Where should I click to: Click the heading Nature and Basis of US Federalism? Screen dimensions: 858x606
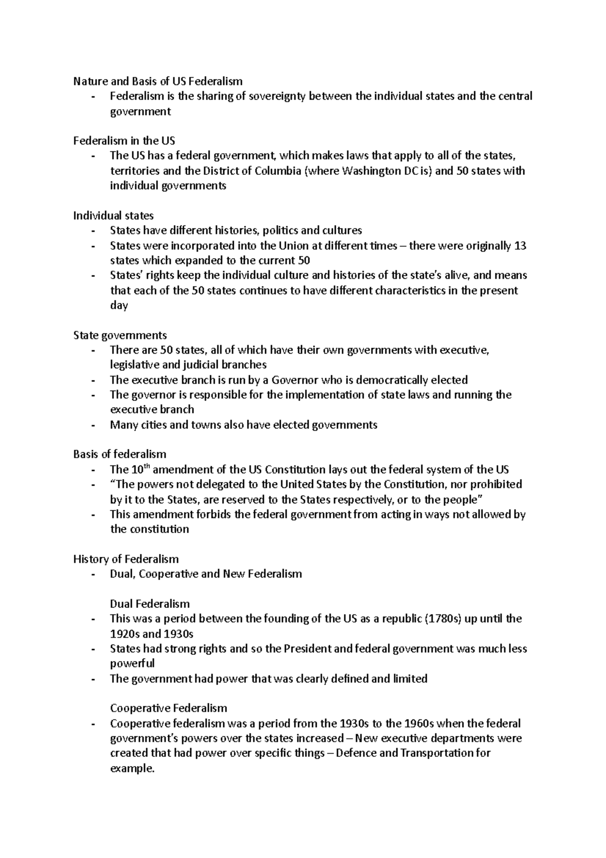coord(158,81)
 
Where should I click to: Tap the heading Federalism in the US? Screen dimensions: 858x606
coord(124,141)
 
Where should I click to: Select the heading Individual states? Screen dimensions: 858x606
coord(114,216)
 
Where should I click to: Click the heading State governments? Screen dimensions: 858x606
coord(120,336)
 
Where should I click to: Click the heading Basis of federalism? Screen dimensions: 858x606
coord(120,454)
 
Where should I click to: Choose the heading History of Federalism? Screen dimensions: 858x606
coord(126,559)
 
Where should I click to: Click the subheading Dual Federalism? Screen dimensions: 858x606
coord(149,604)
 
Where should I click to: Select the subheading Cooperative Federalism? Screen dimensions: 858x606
coord(168,708)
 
